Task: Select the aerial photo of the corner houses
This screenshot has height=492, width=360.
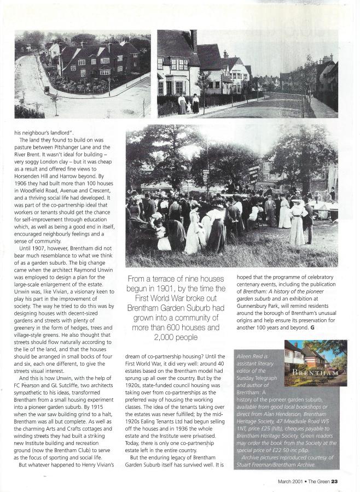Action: coord(82,73)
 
